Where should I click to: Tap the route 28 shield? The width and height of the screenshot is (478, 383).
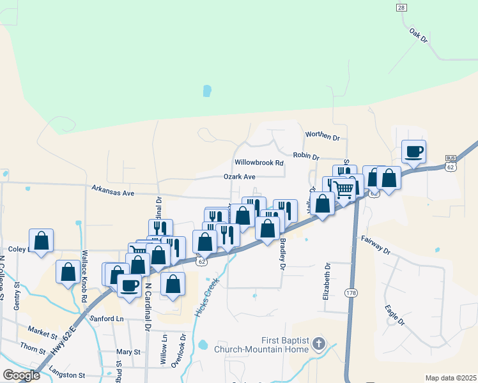click(401, 7)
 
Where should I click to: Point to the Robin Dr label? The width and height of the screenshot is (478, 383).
click(306, 154)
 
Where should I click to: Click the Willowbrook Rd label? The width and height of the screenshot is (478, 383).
click(259, 163)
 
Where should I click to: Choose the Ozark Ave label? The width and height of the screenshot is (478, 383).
click(239, 176)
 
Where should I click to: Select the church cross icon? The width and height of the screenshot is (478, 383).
click(319, 345)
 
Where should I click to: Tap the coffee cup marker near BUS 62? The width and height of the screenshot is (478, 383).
click(413, 152)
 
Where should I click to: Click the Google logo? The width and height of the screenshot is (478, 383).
click(21, 375)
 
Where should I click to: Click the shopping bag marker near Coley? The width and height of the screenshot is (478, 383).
click(42, 241)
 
